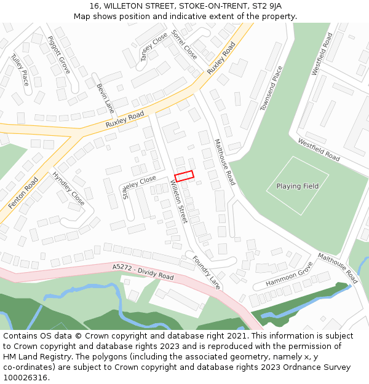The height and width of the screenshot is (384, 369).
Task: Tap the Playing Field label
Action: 298,186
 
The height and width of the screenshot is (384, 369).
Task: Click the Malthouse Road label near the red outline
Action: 224,162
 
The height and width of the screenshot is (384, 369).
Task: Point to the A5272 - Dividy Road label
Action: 143,272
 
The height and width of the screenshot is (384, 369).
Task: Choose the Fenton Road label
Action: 23,192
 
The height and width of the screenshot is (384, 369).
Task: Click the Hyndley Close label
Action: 68,188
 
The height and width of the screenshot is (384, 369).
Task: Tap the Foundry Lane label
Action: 206,272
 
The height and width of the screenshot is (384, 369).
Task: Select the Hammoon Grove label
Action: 290,275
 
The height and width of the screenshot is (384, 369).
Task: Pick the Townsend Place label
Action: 271,88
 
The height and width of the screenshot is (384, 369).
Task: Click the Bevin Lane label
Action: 105,99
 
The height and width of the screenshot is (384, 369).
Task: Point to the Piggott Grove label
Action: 59,55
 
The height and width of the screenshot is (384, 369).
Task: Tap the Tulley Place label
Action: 20,69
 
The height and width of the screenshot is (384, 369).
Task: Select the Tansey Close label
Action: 154,47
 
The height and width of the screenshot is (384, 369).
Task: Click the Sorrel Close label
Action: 184,44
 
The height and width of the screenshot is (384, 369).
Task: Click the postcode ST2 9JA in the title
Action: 268,6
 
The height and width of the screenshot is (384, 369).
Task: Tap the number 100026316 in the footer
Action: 25,378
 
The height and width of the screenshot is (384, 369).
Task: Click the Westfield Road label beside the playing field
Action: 319,149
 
